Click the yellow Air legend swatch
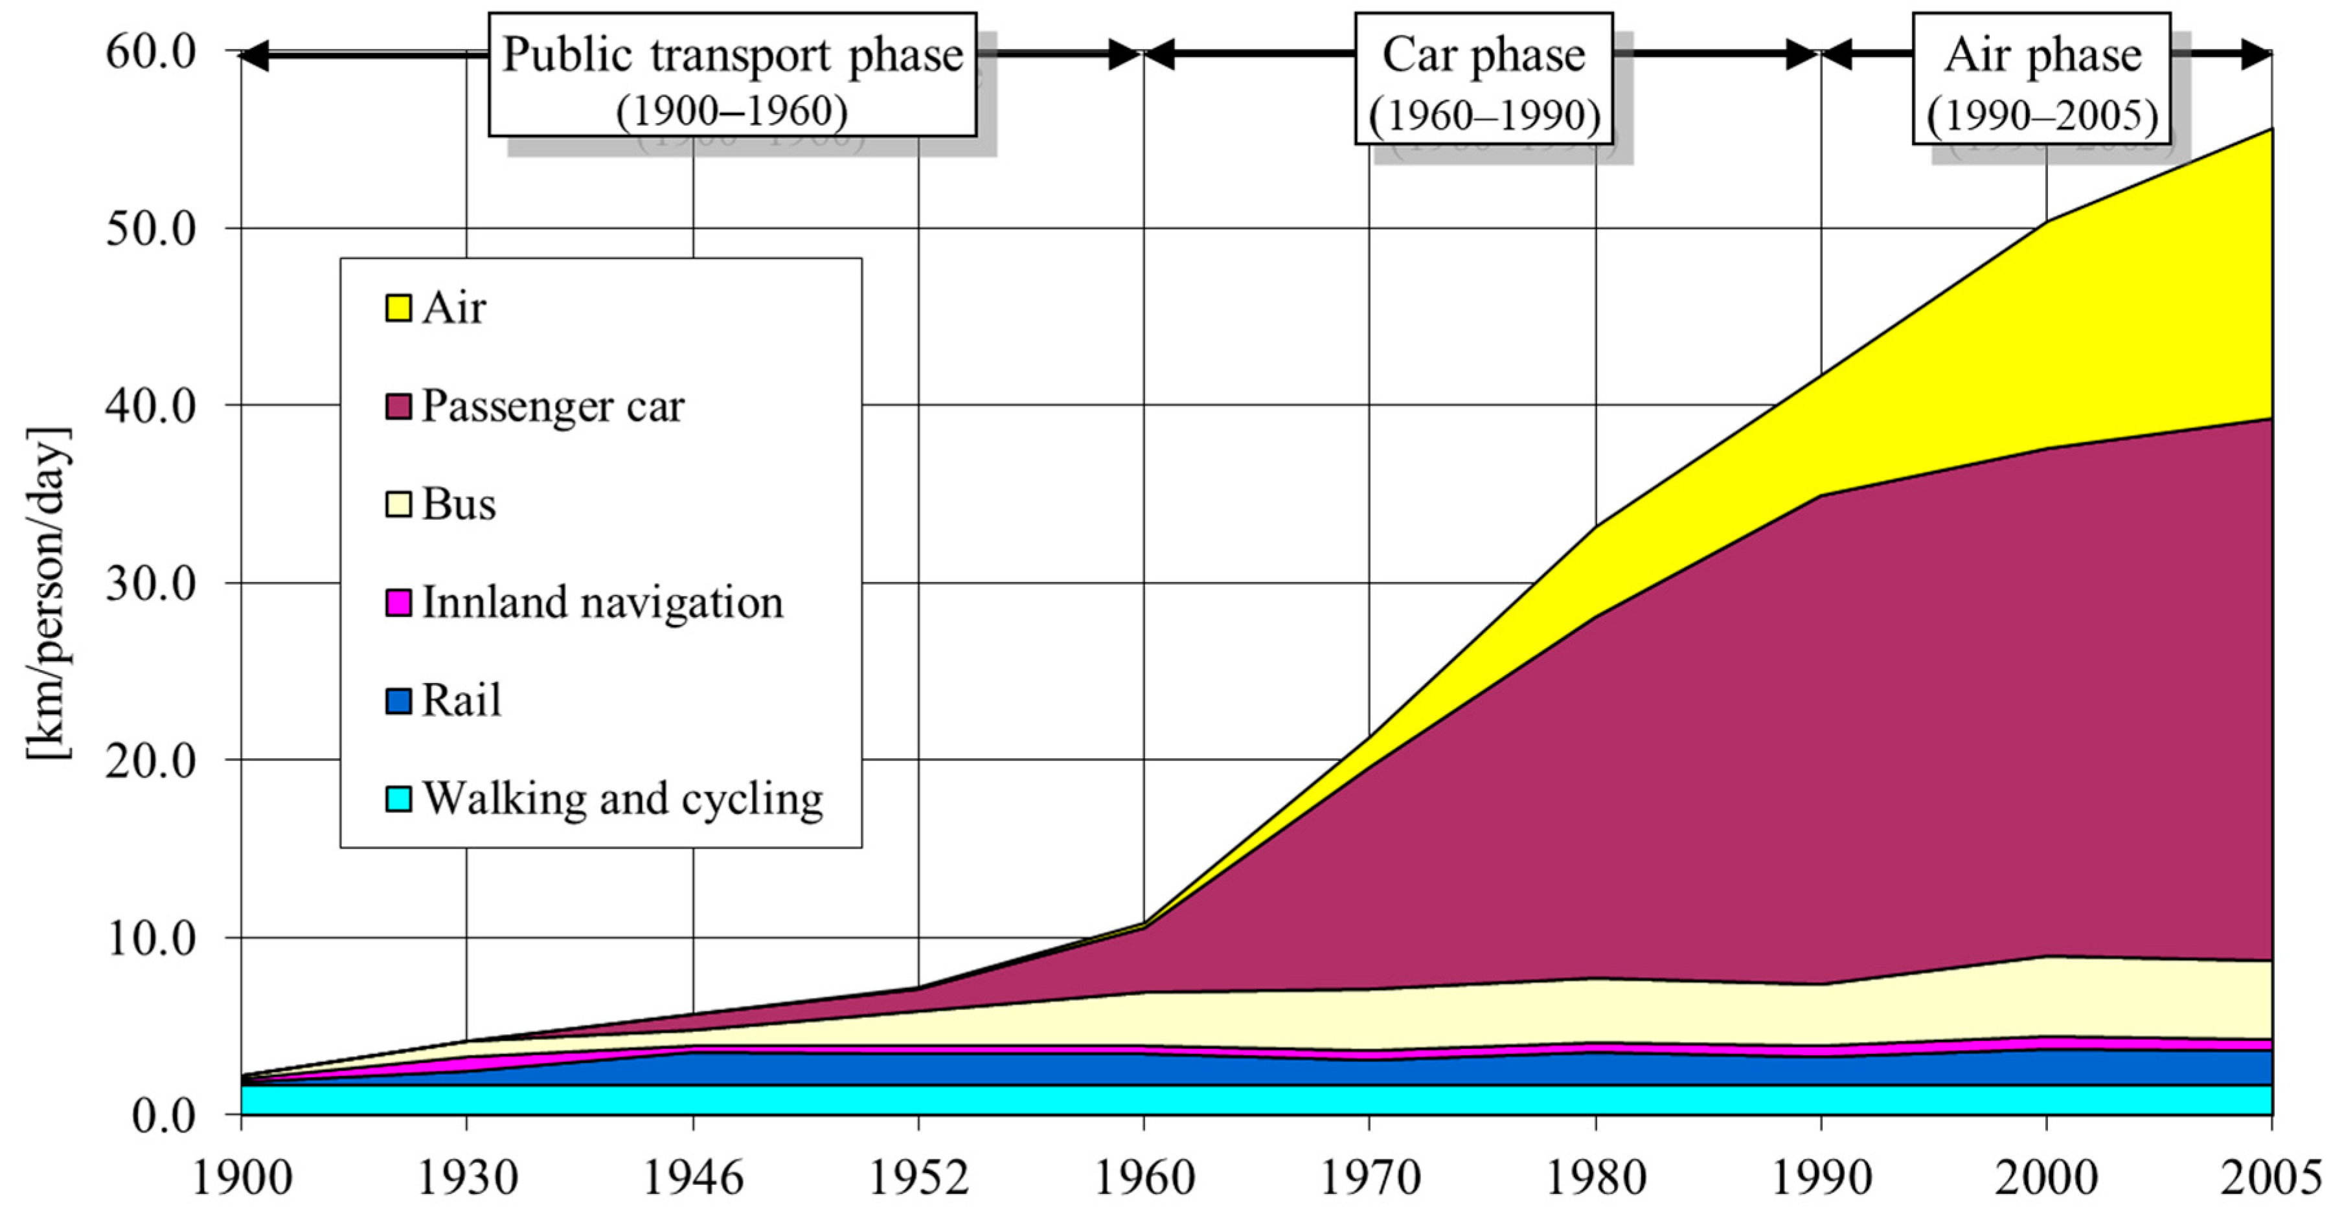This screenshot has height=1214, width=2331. click(398, 308)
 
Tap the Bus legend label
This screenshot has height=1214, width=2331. click(459, 504)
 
